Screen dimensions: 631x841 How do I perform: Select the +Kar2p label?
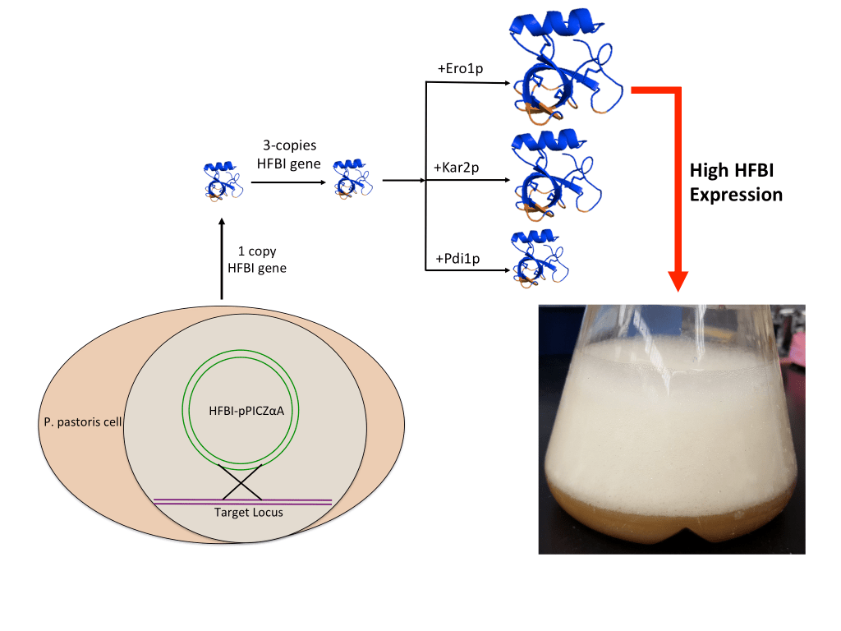(456, 168)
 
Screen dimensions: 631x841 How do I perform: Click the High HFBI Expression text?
(736, 183)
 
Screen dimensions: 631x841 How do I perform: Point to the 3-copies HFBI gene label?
(284, 154)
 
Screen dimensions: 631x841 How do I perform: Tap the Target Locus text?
(242, 512)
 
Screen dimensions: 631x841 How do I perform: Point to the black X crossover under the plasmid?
(242, 481)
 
